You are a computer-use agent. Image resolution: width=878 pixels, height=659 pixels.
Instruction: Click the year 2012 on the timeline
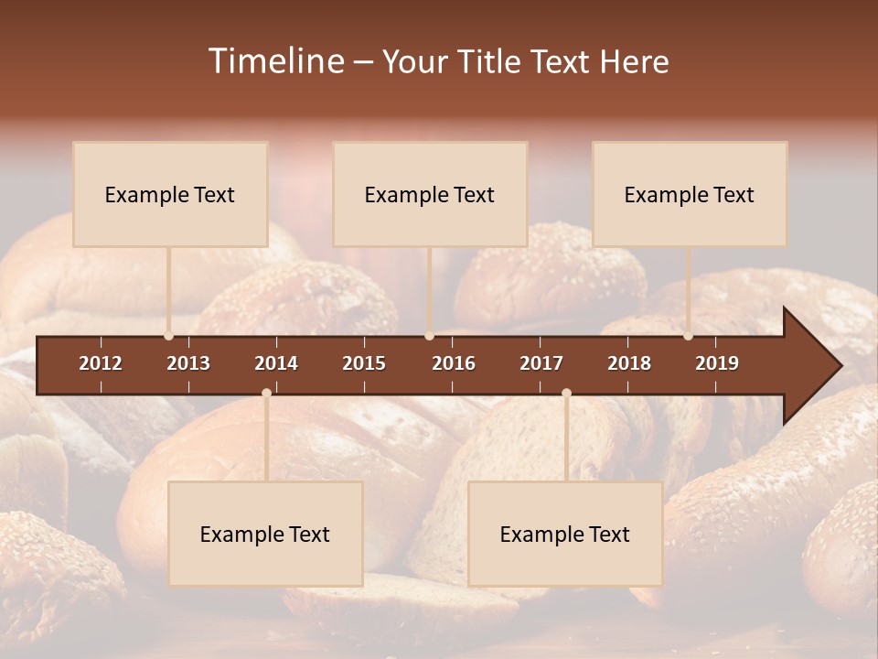pyautogui.click(x=101, y=363)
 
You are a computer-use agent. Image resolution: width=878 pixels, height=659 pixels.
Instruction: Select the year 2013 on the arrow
pyautogui.click(x=188, y=363)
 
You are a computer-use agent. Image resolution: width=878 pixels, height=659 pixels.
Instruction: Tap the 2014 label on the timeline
pyautogui.click(x=276, y=363)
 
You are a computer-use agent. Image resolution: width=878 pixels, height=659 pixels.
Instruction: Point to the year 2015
pyautogui.click(x=364, y=363)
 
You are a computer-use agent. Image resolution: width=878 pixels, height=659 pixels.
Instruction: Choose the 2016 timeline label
pyautogui.click(x=454, y=363)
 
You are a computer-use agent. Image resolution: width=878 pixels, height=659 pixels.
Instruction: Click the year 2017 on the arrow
pyautogui.click(x=541, y=363)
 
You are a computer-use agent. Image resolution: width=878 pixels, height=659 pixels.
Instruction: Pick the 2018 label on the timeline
pyautogui.click(x=629, y=363)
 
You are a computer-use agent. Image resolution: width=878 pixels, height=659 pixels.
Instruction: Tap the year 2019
pyautogui.click(x=717, y=363)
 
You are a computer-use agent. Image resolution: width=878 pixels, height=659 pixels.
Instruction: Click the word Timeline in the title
pyautogui.click(x=275, y=61)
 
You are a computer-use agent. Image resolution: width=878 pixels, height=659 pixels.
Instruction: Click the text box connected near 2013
pyautogui.click(x=170, y=194)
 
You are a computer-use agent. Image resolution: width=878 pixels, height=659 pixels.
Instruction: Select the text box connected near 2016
pyautogui.click(x=430, y=194)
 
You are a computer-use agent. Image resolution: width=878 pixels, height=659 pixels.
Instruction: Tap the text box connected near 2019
pyautogui.click(x=690, y=194)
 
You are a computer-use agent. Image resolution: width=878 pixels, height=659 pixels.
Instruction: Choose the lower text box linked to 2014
pyautogui.click(x=265, y=534)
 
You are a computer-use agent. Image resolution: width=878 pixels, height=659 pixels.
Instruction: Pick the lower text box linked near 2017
pyautogui.click(x=565, y=534)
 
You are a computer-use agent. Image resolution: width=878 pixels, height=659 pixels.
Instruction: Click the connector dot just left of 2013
pyautogui.click(x=168, y=336)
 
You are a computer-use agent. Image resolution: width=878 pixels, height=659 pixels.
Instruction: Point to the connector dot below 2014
pyautogui.click(x=266, y=393)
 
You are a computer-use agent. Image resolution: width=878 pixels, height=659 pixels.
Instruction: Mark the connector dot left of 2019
pyautogui.click(x=688, y=336)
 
